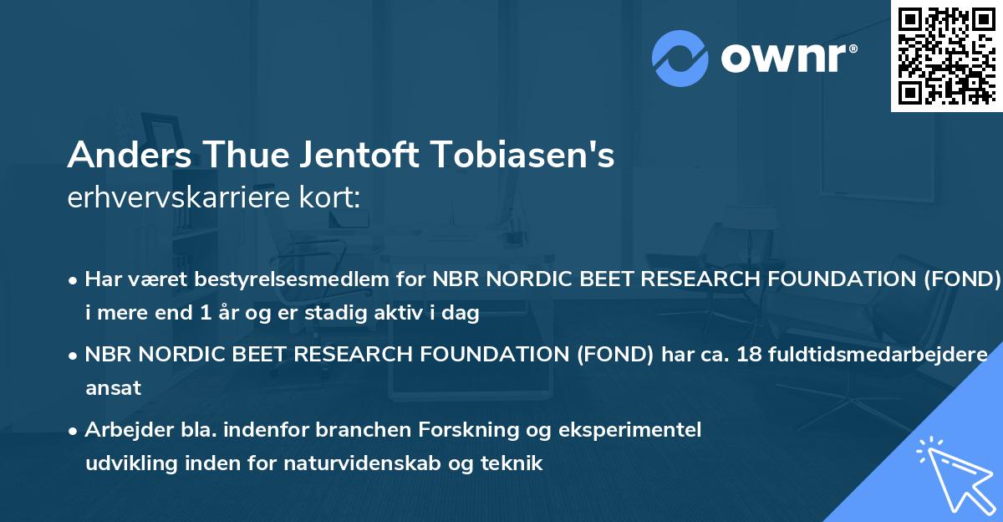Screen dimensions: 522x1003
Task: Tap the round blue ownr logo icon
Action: tap(680, 59)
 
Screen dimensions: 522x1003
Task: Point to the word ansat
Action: tap(113, 388)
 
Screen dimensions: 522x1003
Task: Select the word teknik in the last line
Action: tap(514, 463)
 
